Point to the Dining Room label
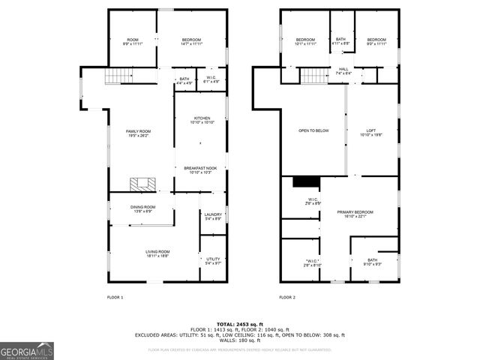click(143, 208)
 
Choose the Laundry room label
click(213, 216)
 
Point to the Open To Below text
click(313, 130)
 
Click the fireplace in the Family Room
click(140, 184)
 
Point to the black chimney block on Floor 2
click(306, 181)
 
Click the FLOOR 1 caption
click(115, 298)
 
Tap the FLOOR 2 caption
click(287, 298)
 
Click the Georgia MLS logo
click(27, 351)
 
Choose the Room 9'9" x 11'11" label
click(133, 41)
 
